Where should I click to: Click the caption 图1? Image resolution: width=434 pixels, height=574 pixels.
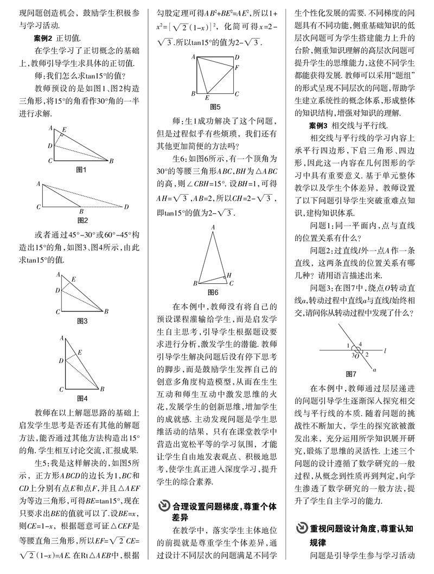click(82, 170)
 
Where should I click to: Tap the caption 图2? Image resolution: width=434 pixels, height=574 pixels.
click(83, 220)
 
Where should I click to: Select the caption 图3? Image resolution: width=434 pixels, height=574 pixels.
click(83, 321)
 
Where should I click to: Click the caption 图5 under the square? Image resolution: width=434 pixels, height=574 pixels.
click(215, 106)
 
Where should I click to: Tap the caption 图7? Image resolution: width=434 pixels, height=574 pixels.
click(351, 374)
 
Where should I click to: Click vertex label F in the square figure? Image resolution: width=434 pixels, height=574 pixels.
click(237, 68)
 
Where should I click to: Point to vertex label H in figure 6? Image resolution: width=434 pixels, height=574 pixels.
click(229, 275)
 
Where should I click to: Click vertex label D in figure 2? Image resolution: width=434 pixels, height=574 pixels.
click(127, 207)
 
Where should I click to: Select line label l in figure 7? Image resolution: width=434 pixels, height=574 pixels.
click(384, 350)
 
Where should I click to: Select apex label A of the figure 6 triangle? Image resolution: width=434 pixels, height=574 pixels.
click(213, 227)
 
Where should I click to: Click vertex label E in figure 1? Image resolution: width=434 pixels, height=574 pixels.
click(65, 130)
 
